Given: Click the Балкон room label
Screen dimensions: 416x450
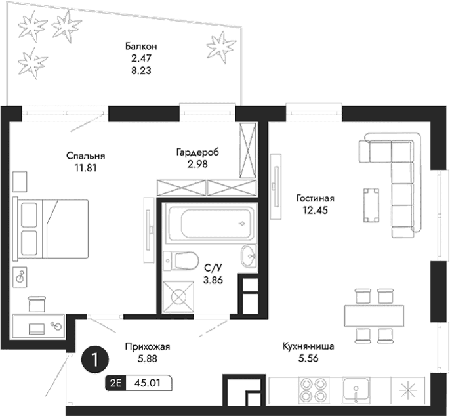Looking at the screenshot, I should coord(141,47).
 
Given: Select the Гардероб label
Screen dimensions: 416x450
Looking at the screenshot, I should coord(197,152).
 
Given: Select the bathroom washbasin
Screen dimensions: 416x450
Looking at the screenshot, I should coord(249,255).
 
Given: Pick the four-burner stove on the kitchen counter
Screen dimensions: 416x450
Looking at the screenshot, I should coord(313,390).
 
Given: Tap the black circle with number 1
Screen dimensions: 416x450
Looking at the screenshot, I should coord(96,360).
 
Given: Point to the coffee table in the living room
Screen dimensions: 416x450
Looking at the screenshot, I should coord(371,205).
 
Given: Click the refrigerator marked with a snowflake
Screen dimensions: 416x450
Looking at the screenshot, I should coord(409,390).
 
